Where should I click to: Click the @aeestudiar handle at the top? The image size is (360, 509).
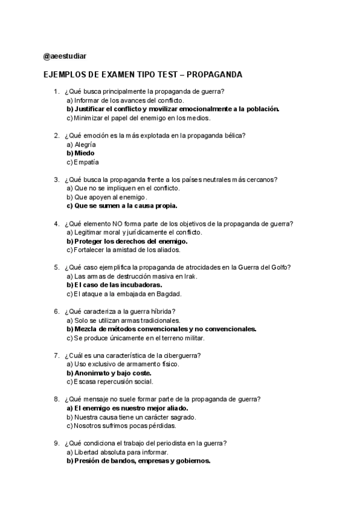[x=65, y=56]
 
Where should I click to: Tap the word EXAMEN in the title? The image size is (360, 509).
[x=117, y=74]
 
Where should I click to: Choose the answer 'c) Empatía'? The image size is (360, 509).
[x=83, y=162]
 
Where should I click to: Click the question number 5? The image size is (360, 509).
[x=56, y=267]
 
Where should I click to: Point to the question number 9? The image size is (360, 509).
[x=56, y=443]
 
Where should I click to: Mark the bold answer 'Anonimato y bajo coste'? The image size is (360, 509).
[x=109, y=373]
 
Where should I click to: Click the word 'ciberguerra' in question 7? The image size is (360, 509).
[x=181, y=355]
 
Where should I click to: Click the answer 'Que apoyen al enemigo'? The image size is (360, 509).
[x=106, y=197]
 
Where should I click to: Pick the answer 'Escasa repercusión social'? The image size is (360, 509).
[x=110, y=382]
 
